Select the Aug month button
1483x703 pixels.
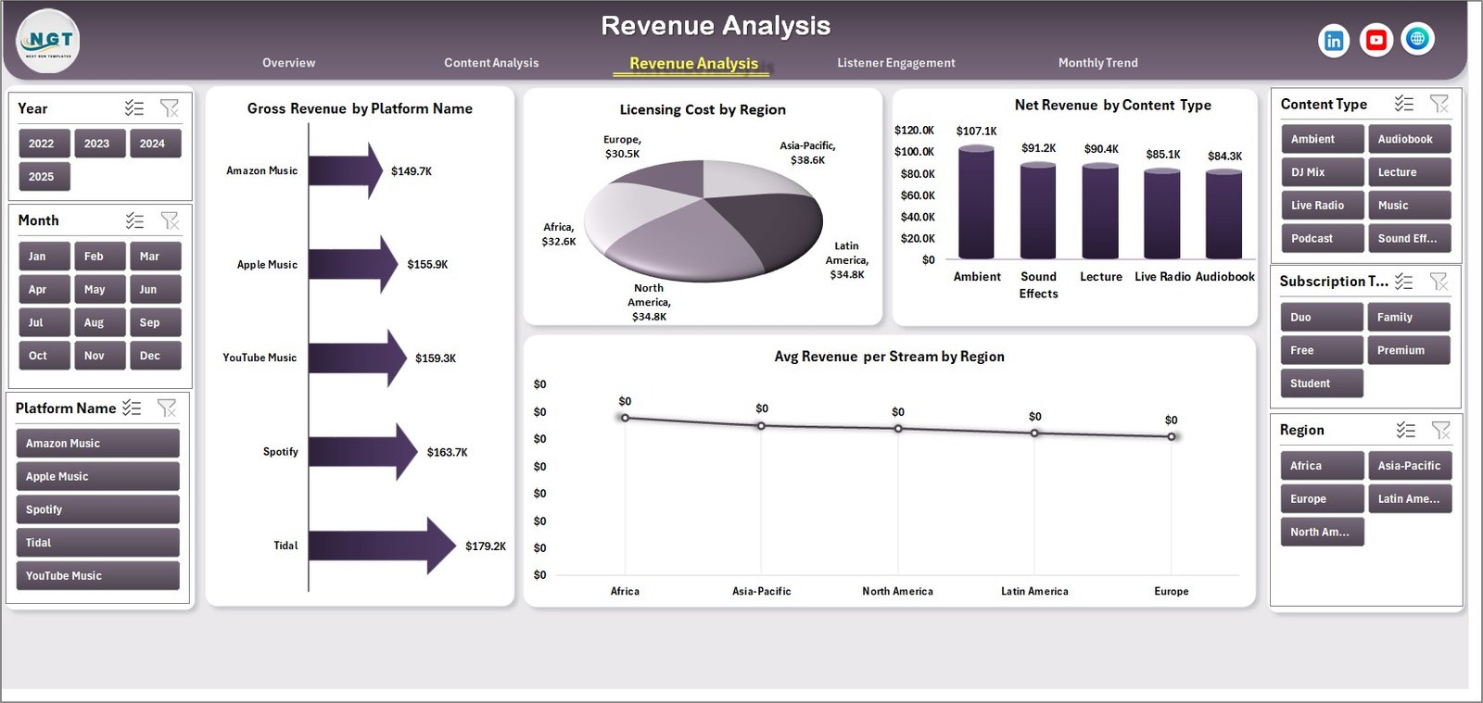click(95, 322)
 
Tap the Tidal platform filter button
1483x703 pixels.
click(97, 543)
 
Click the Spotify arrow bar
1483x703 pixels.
click(361, 452)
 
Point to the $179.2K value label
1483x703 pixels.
click(486, 546)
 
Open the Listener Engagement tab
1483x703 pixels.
click(895, 63)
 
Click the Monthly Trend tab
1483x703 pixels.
click(1097, 63)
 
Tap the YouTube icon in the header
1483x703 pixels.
click(1375, 40)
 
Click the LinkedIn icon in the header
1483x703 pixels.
click(1333, 41)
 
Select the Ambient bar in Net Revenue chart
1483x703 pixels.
click(976, 202)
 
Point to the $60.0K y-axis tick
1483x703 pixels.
click(917, 195)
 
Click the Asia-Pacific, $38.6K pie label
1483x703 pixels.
click(807, 153)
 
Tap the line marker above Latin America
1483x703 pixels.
click(1034, 433)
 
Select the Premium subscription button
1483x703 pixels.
click(1407, 350)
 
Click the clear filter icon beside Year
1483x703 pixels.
click(170, 108)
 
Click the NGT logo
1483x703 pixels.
click(48, 41)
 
